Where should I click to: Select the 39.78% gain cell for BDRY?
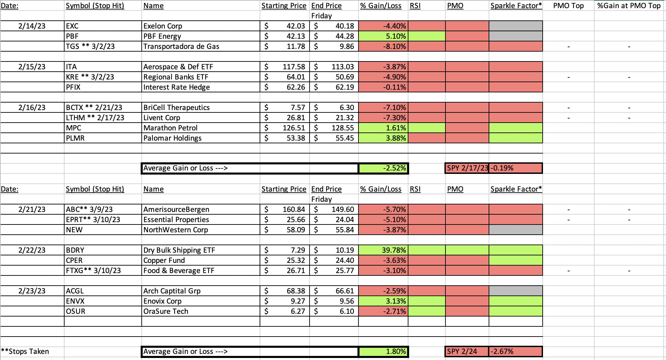[x=383, y=250]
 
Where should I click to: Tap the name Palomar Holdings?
[x=172, y=138]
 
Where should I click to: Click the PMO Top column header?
[x=568, y=6]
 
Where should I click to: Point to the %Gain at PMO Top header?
[x=629, y=6]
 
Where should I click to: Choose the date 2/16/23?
[x=32, y=108]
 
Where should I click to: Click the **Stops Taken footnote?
[x=25, y=352]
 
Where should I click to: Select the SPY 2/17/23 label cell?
[x=467, y=168]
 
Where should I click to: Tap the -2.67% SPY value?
[x=502, y=352]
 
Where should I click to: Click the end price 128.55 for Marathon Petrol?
[x=343, y=128]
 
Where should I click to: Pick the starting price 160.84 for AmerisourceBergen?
[x=294, y=210]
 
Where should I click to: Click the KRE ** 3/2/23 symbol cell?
[x=90, y=77]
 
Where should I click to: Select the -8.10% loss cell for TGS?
[x=383, y=46]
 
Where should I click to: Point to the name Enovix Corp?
[x=162, y=301]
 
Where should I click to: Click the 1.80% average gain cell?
[x=383, y=352]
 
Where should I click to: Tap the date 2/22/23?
[x=32, y=250]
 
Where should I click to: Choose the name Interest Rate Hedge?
[x=176, y=87]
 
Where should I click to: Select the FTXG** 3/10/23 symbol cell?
[x=93, y=271]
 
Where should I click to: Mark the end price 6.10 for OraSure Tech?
[x=347, y=311]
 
